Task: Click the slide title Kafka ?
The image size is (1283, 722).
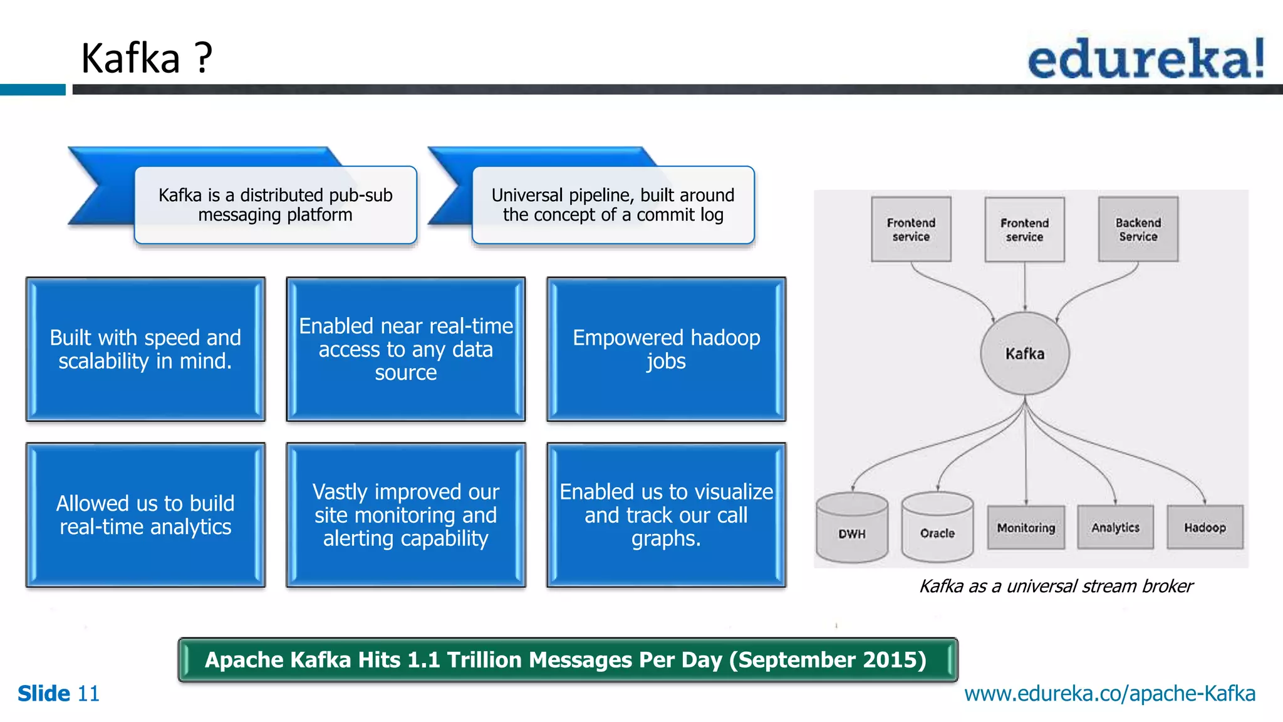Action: pyautogui.click(x=147, y=58)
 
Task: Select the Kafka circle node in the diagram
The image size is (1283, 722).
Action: pyautogui.click(x=1025, y=353)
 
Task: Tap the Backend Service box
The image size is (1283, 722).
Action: pyautogui.click(x=1138, y=229)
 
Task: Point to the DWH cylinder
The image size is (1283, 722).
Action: pyautogui.click(x=852, y=528)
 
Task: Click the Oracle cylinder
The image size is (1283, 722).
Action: pyautogui.click(x=937, y=528)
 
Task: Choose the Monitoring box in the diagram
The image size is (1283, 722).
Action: pyautogui.click(x=1026, y=528)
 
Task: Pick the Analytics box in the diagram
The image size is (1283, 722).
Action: pyautogui.click(x=1115, y=528)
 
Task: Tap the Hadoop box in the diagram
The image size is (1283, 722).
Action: pyautogui.click(x=1204, y=528)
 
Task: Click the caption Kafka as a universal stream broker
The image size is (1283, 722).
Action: pyautogui.click(x=1056, y=586)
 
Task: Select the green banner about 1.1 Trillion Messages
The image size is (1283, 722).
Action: pyautogui.click(x=567, y=660)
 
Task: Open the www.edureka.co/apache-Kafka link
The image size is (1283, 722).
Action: pyautogui.click(x=1109, y=694)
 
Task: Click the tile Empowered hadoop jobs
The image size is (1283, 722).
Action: pyautogui.click(x=666, y=349)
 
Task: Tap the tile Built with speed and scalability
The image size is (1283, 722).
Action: pyautogui.click(x=145, y=349)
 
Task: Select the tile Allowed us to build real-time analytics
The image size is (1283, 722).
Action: pyautogui.click(x=145, y=515)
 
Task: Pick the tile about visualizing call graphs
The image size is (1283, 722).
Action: pyautogui.click(x=666, y=515)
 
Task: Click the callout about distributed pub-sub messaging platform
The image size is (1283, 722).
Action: pyautogui.click(x=276, y=205)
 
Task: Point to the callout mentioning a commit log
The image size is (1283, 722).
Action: pyautogui.click(x=613, y=205)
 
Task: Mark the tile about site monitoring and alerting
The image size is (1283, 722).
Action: pyautogui.click(x=405, y=515)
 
